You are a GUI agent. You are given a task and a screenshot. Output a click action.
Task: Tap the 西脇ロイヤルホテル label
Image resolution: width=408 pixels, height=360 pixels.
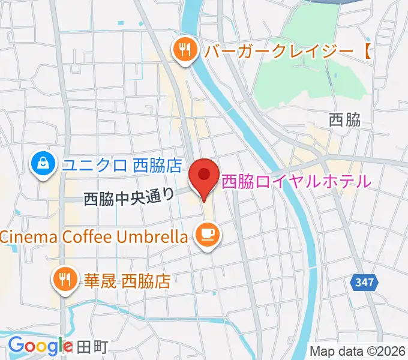coord(296,181)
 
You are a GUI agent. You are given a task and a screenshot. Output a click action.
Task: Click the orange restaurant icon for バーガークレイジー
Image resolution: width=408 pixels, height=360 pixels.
coord(185,50)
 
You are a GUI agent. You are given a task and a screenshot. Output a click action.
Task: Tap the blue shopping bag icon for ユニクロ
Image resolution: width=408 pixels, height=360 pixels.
coord(44,164)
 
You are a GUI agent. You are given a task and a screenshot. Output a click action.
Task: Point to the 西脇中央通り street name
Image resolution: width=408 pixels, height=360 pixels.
coord(129,196)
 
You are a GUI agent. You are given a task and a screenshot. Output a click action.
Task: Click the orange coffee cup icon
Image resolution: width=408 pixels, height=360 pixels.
coord(207,233)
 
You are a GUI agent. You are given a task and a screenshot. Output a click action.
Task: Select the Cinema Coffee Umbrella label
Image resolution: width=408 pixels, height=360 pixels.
coord(94,236)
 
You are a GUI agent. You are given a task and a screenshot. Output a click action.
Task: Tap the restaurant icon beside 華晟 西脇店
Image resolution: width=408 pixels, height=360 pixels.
coord(64,280)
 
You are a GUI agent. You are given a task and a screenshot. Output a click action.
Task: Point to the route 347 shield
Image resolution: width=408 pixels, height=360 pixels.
coord(363,283)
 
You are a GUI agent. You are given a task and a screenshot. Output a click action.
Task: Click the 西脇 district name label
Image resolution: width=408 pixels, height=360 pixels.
coord(345,120)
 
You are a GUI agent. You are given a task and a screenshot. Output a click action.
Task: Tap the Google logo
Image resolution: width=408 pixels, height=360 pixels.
coord(40,346)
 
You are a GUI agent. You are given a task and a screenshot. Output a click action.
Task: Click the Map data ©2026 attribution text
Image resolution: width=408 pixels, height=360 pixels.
coord(358,350)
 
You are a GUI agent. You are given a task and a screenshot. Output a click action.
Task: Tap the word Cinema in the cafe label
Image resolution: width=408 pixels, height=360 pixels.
coord(26,236)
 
